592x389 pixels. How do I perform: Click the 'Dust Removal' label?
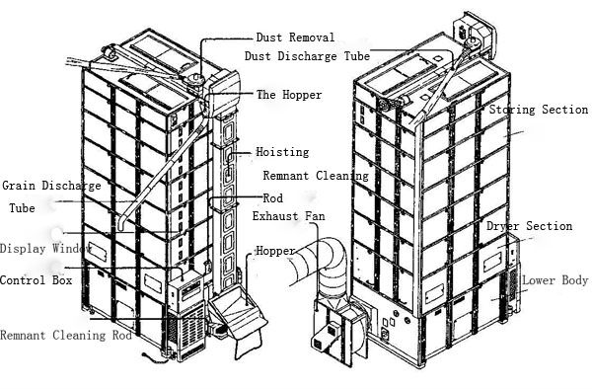(295, 38)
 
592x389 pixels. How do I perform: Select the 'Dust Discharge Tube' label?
(307, 56)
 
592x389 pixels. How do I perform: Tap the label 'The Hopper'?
(289, 95)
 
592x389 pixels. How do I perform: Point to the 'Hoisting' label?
(282, 152)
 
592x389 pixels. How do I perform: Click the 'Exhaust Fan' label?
(288, 216)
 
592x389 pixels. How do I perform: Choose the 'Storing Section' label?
(539, 110)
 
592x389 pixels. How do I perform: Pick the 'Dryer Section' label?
(529, 226)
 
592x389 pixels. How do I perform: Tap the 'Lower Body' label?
(555, 280)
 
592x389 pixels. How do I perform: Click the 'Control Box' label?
(36, 280)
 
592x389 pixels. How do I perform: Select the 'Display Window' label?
(45, 249)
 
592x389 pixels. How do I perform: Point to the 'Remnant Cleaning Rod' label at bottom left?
(66, 335)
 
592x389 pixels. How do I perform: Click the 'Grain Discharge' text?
(51, 186)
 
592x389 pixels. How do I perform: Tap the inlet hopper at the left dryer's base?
(239, 312)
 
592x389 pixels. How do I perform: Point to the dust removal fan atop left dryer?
(194, 79)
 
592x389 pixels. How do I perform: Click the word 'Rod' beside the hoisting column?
(272, 197)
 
